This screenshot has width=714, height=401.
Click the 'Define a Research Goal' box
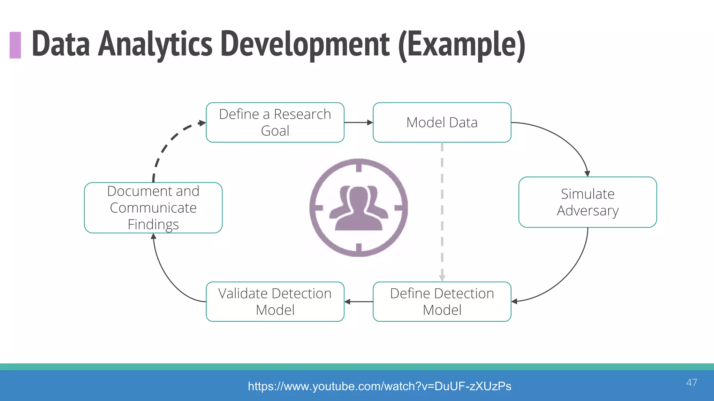pyautogui.click(x=275, y=123)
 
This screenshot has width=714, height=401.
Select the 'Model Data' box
pyautogui.click(x=442, y=123)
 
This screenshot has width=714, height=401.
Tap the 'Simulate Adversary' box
pyautogui.click(x=587, y=202)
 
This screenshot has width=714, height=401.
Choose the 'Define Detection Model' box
pyautogui.click(x=442, y=301)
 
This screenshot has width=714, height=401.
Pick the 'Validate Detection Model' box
pyautogui.click(x=275, y=301)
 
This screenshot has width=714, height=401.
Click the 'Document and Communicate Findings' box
pyautogui.click(x=153, y=208)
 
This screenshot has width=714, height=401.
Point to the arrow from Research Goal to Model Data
pyautogui.click(x=358, y=123)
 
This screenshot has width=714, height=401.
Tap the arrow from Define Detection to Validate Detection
pyautogui.click(x=358, y=301)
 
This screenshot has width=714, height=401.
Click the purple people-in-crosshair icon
pyautogui.click(x=359, y=208)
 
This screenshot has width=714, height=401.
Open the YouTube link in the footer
pyautogui.click(x=379, y=386)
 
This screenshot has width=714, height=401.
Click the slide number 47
pyautogui.click(x=691, y=383)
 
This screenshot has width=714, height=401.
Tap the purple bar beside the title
pyautogui.click(x=15, y=45)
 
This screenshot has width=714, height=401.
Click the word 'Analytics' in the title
pyautogui.click(x=155, y=44)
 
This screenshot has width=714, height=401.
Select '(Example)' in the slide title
pyautogui.click(x=462, y=44)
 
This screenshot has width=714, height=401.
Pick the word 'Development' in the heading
pyautogui.click(x=305, y=44)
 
